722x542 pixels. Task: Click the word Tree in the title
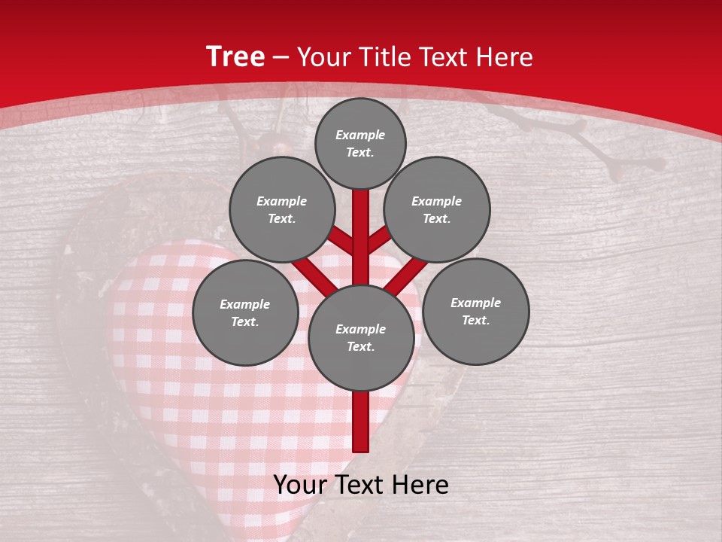[235, 57]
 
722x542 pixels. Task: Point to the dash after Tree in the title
[281, 58]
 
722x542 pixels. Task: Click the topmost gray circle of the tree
[360, 143]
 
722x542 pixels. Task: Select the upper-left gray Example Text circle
[281, 209]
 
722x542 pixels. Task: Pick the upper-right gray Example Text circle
[436, 209]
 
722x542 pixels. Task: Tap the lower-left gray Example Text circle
[245, 312]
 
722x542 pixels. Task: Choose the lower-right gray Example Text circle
[475, 311]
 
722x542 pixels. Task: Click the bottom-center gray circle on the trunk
[360, 337]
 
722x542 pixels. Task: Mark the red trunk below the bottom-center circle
[360, 422]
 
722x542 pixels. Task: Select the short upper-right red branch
[379, 239]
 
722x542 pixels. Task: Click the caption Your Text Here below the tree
[360, 485]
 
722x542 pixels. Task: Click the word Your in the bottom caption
[302, 485]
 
